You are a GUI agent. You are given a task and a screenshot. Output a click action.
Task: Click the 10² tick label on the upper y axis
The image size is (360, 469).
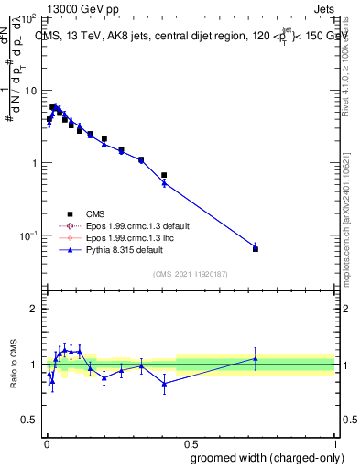click(27, 18)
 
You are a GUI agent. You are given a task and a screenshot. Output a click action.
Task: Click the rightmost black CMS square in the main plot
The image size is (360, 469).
click(256, 249)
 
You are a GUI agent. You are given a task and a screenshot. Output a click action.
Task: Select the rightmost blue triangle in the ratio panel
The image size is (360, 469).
click(256, 358)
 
